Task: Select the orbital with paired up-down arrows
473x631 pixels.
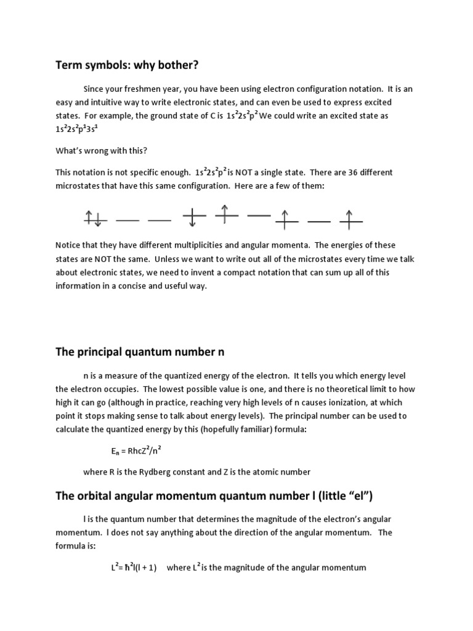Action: [95, 218]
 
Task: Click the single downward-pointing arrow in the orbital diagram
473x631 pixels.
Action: [194, 218]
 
